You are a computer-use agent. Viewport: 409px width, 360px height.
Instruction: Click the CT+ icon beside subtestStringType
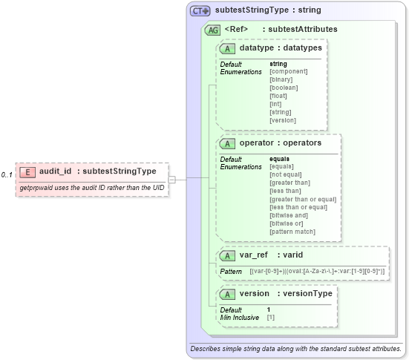[200, 11]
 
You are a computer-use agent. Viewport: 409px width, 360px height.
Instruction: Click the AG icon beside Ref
[212, 29]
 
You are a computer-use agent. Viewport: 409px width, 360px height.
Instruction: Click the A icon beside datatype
[228, 48]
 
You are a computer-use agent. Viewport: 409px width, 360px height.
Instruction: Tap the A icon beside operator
[228, 143]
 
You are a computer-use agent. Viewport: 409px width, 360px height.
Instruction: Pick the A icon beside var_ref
[228, 255]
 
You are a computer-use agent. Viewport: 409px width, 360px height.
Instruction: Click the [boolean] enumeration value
[284, 88]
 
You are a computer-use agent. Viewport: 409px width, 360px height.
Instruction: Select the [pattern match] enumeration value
[292, 232]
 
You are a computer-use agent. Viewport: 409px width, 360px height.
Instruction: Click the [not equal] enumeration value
[285, 174]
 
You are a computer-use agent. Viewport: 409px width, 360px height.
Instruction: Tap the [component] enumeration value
[287, 71]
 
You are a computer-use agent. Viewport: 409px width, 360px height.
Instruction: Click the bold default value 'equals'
[279, 158]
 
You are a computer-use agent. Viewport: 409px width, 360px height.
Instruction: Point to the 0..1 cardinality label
[7, 174]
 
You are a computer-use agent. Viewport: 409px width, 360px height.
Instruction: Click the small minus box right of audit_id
[171, 179]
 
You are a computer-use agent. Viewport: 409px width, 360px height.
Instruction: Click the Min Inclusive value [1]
[271, 317]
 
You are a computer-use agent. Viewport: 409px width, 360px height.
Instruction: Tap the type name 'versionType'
[309, 293]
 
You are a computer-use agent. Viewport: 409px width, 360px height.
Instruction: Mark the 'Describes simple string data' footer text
[295, 347]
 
